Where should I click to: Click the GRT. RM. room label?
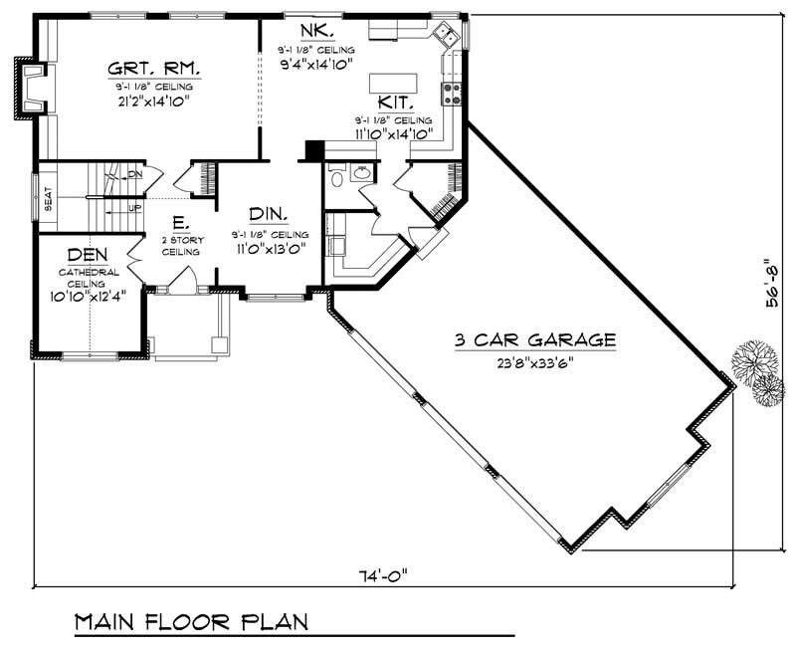[154, 69]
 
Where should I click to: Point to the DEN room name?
[88, 256]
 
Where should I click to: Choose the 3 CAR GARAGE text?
[534, 340]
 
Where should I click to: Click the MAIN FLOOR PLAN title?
[192, 622]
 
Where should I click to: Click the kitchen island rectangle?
[395, 82]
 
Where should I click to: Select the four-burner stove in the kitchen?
[451, 94]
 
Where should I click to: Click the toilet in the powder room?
[337, 178]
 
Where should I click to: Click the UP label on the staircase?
[133, 208]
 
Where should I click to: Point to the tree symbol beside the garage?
[754, 373]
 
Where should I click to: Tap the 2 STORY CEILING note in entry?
[181, 246]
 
